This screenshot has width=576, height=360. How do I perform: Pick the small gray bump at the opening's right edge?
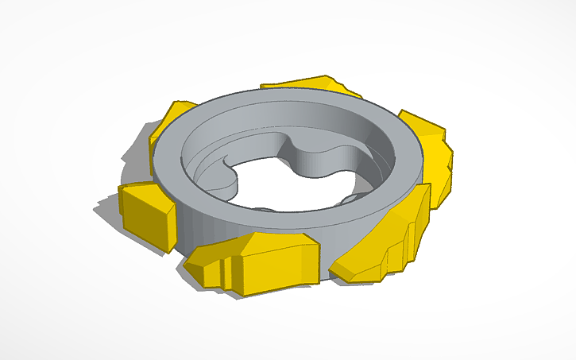[359, 197]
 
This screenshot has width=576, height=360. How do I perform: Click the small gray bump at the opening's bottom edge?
[265, 209]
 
